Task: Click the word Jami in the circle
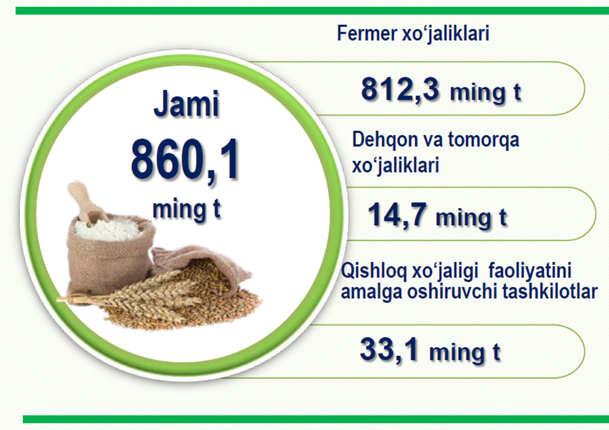pyautogui.click(x=186, y=104)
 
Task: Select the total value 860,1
pyautogui.click(x=184, y=160)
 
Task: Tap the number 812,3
pyautogui.click(x=400, y=90)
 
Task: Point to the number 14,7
pyautogui.click(x=398, y=215)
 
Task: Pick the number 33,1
pyautogui.click(x=389, y=350)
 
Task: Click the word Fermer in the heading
pyautogui.click(x=367, y=33)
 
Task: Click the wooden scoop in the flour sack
pyautogui.click(x=87, y=203)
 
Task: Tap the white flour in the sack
pyautogui.click(x=107, y=229)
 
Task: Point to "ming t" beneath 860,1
pyautogui.click(x=186, y=209)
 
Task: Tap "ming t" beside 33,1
pyautogui.click(x=464, y=353)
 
